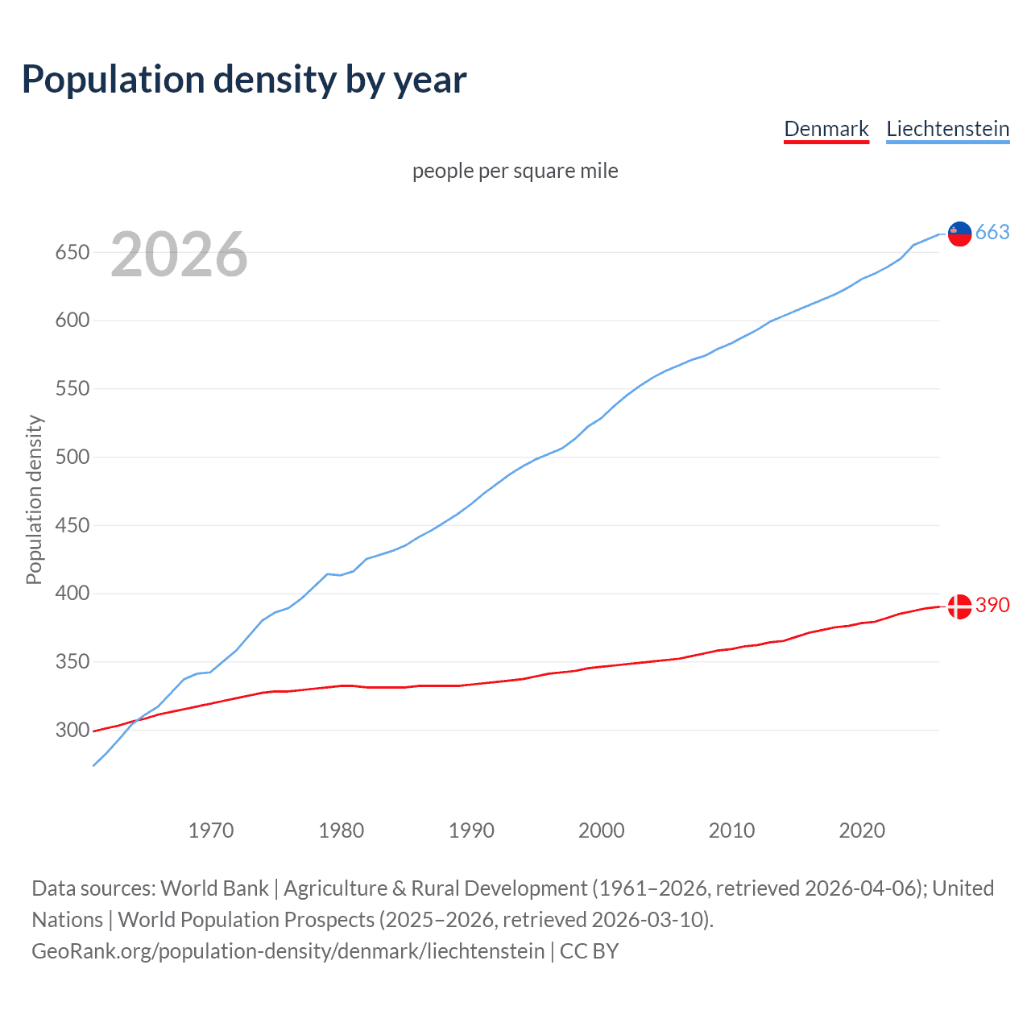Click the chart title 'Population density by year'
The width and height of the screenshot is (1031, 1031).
(x=244, y=80)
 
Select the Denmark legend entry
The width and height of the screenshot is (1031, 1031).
(x=826, y=129)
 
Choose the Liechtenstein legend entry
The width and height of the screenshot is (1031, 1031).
(x=947, y=129)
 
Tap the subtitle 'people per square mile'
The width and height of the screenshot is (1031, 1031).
(x=515, y=172)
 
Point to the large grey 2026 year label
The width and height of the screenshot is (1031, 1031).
(x=179, y=255)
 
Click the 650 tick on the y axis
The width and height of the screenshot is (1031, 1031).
(x=71, y=253)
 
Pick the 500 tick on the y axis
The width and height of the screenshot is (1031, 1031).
(x=71, y=458)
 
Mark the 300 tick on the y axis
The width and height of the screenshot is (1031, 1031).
(x=71, y=731)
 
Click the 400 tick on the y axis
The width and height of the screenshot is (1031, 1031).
(x=71, y=594)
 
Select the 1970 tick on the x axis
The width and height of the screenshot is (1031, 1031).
(x=211, y=830)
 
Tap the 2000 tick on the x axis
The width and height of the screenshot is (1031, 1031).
(x=602, y=830)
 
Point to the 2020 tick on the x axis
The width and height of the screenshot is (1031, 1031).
(x=862, y=830)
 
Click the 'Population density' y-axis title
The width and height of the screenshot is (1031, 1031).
(x=34, y=499)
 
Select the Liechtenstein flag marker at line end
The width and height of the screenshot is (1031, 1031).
(x=959, y=234)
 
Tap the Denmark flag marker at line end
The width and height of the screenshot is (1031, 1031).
(x=959, y=607)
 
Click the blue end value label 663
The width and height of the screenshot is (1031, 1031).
(x=992, y=233)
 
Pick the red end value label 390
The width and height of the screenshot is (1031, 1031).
(x=992, y=606)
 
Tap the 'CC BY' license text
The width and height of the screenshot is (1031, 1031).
(x=589, y=951)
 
